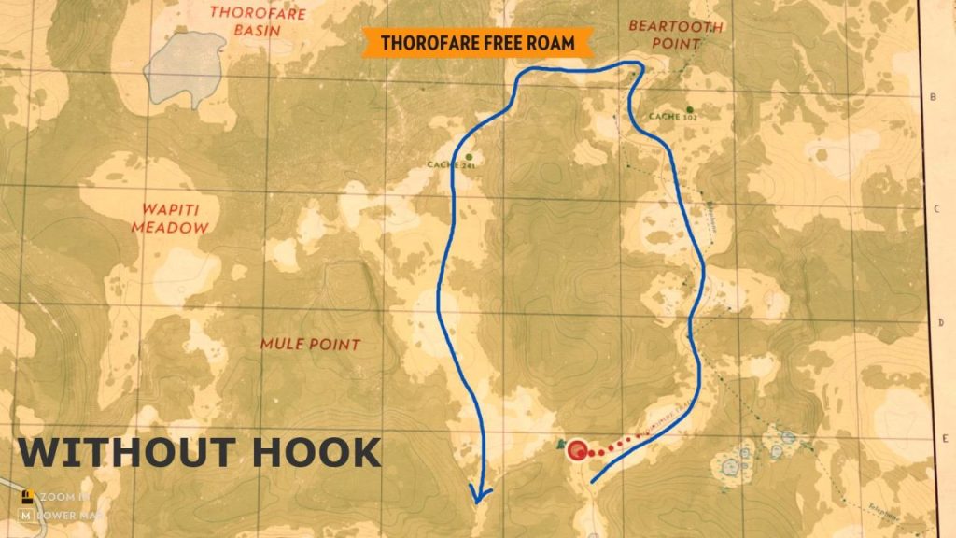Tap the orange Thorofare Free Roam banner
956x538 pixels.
(476, 43)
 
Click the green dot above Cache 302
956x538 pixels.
(690, 108)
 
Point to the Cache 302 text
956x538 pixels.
(672, 118)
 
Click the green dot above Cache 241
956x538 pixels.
(469, 157)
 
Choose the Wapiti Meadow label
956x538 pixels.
(170, 219)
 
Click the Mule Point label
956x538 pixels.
(310, 345)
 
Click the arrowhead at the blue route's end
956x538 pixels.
(481, 495)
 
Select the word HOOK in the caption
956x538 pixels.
(316, 452)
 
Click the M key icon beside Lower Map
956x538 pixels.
(26, 514)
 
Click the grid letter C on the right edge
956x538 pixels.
(935, 209)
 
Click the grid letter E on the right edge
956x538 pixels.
(945, 434)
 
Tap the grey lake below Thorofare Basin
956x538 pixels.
(185, 69)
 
